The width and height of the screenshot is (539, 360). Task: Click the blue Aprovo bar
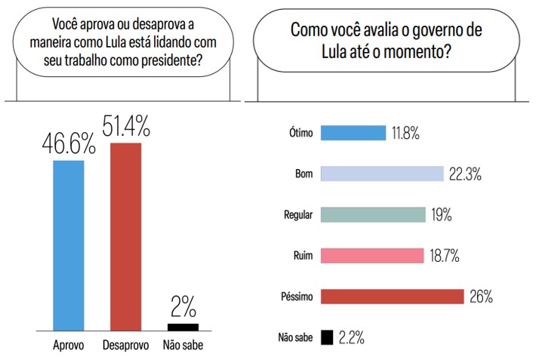tap(68, 245)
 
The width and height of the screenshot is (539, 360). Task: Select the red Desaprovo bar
tap(125, 235)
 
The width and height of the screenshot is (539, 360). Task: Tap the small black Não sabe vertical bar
tap(183, 327)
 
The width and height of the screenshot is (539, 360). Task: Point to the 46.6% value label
tap(68, 143)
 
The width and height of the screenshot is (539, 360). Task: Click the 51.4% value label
tap(125, 125)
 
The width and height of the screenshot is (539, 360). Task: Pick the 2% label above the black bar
tap(183, 307)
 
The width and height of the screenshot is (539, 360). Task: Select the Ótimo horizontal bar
tap(353, 133)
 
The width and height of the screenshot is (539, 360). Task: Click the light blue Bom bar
tap(382, 174)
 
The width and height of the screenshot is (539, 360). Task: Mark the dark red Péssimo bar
tap(393, 296)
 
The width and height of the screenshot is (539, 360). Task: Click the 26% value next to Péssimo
tap(480, 297)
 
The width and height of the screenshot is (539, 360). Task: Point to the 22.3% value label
tap(464, 174)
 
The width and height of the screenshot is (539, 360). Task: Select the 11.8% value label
tap(405, 134)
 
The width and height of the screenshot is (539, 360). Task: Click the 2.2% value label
tap(351, 337)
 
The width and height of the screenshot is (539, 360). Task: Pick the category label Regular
tap(296, 215)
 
